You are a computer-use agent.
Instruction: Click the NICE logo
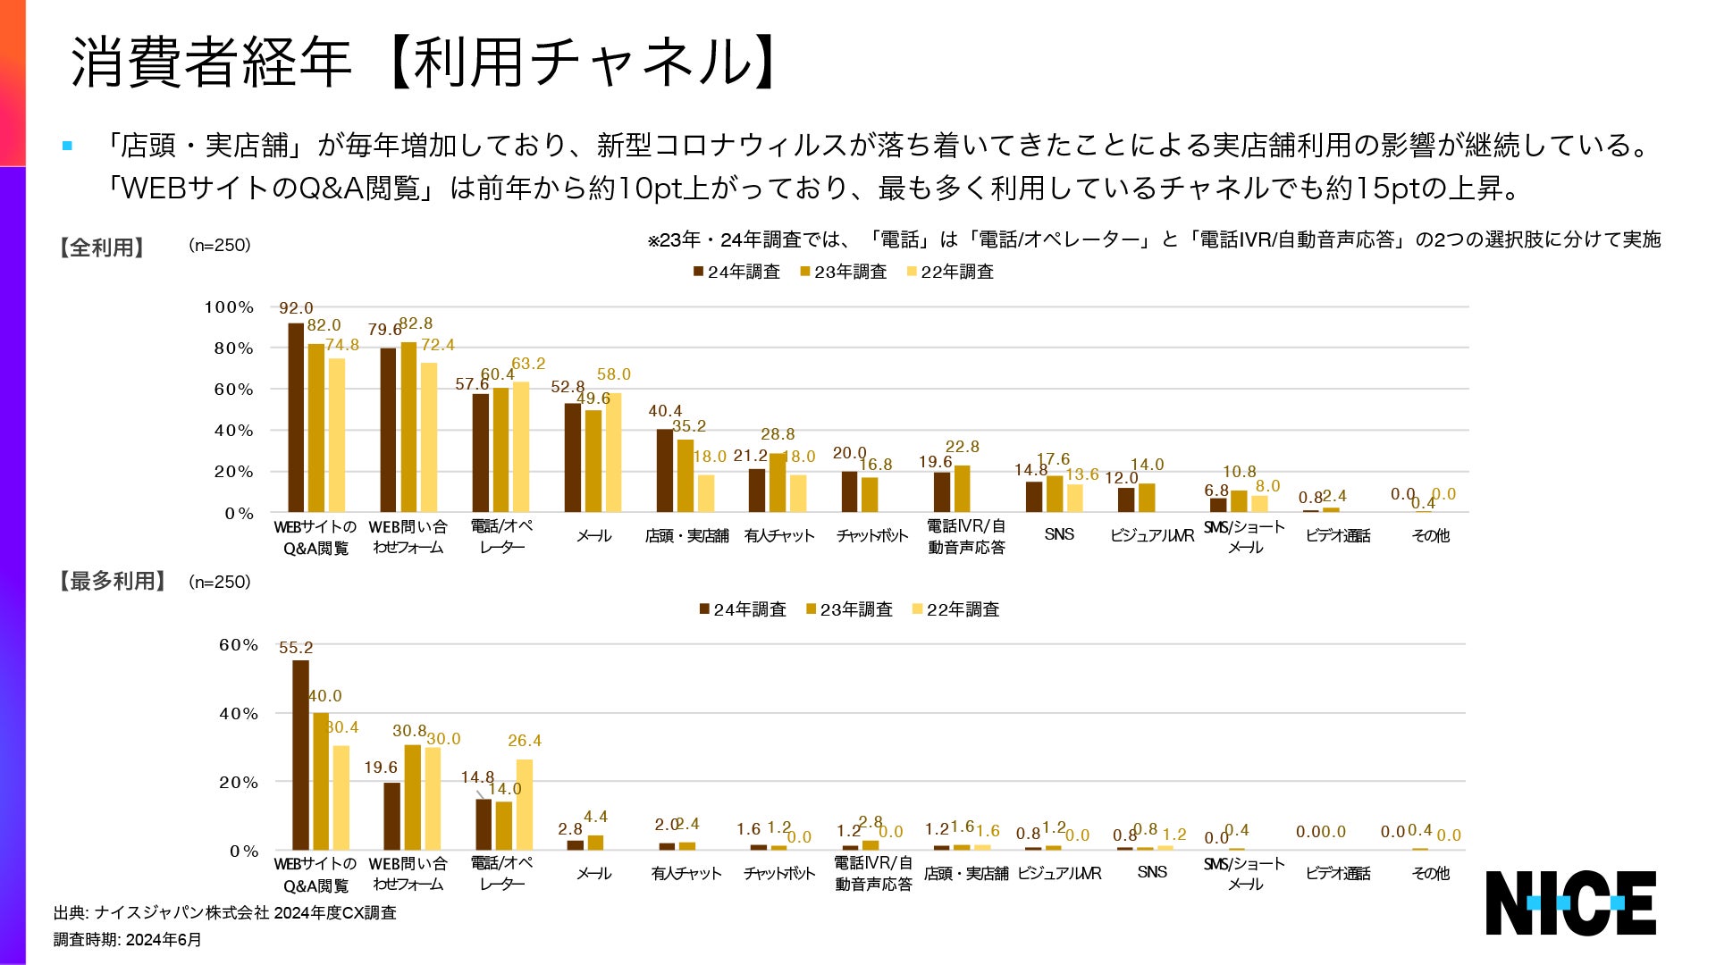1570,902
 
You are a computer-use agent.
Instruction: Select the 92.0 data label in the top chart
296,308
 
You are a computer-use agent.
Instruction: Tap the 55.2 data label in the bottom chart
296,648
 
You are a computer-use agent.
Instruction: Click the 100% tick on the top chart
229,307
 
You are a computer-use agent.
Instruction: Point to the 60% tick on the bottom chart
239,645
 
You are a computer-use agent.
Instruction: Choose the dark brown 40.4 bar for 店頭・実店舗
665,470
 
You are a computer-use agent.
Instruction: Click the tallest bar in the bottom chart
300,755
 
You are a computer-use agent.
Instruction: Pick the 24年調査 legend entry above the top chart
736,272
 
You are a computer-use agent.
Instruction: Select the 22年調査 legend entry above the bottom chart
955,609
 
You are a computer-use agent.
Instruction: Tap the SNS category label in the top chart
1059,534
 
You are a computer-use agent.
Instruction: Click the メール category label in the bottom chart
593,873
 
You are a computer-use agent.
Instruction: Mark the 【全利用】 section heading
101,248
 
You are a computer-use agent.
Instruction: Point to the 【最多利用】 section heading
112,582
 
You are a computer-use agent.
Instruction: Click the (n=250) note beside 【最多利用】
220,582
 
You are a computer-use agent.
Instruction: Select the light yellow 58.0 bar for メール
613,452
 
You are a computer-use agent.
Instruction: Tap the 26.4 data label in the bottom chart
525,741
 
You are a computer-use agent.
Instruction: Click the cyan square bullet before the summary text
67,146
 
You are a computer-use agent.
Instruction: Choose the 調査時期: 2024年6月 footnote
127,940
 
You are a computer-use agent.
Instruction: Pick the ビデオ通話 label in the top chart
1338,535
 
